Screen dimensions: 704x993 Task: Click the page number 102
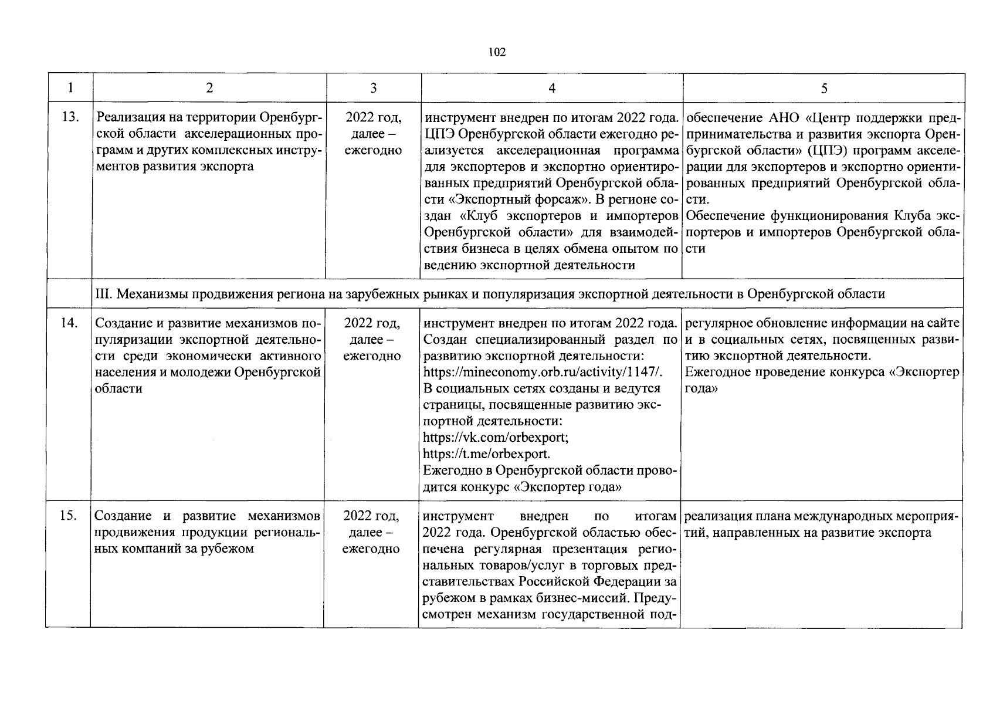tap(497, 52)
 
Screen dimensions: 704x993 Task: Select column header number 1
tap(70, 88)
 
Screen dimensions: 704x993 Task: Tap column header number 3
tap(373, 88)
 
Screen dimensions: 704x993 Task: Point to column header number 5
tap(823, 88)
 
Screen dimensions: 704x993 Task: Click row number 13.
tap(70, 117)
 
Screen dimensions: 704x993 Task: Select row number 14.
tap(70, 323)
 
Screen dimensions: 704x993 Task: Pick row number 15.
tap(70, 516)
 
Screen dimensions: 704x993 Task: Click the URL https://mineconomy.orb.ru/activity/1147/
tap(543, 373)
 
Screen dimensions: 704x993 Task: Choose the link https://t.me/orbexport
tap(486, 454)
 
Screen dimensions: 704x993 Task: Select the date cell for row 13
tap(373, 133)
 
